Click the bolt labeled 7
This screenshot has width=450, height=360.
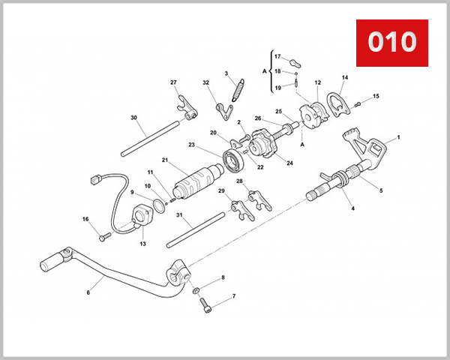pyautogui.click(x=206, y=305)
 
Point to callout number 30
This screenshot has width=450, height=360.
pyautogui.click(x=133, y=118)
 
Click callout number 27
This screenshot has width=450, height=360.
pyautogui.click(x=173, y=82)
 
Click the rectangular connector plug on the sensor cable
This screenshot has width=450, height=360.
pyautogui.click(x=94, y=180)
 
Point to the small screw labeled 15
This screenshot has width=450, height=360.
pyautogui.click(x=358, y=103)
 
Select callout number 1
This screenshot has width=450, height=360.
pyautogui.click(x=398, y=137)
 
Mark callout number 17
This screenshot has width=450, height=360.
pyautogui.click(x=277, y=57)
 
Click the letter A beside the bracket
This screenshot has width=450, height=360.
pyautogui.click(x=264, y=70)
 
